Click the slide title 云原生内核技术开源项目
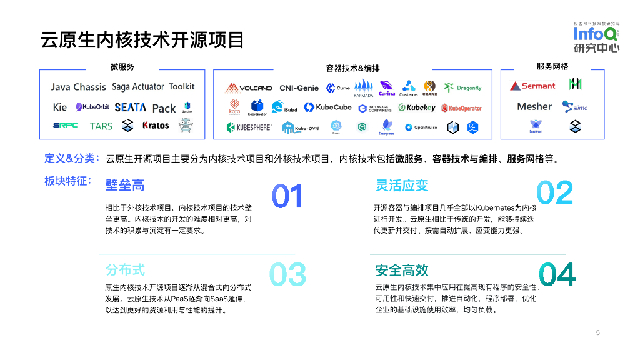[142, 39]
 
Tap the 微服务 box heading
[122, 67]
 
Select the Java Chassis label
[79, 87]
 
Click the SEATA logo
[130, 107]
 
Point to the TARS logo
[101, 126]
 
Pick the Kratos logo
[156, 126]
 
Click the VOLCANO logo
[249, 88]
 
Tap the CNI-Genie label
[299, 88]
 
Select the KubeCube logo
[327, 107]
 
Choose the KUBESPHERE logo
[249, 127]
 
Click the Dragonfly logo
[463, 88]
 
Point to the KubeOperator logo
[462, 108]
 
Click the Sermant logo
[532, 86]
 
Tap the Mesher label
[534, 106]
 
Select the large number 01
[287, 196]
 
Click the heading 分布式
[125, 270]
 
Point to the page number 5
[597, 332]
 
